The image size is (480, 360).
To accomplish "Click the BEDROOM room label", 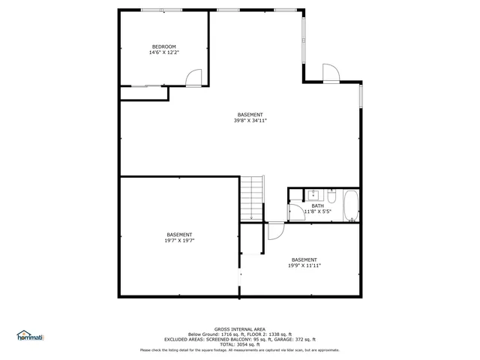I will click(163, 47).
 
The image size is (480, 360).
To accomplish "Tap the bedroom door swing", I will click(193, 77).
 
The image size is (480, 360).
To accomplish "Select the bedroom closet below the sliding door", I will click(144, 93).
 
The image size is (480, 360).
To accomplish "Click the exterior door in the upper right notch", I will click(331, 73).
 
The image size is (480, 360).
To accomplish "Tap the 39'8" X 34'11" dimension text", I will click(250, 121).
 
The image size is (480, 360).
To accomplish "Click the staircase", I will click(253, 198).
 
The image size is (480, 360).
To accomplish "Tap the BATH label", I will click(318, 205).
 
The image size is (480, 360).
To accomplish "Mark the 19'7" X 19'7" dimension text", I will click(180, 241).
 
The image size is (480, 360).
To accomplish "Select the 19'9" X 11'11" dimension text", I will click(304, 265).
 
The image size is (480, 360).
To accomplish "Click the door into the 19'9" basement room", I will click(275, 231).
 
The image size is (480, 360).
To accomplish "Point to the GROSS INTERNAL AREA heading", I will click(239, 329).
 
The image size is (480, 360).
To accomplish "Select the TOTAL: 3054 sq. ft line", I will click(239, 343).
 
